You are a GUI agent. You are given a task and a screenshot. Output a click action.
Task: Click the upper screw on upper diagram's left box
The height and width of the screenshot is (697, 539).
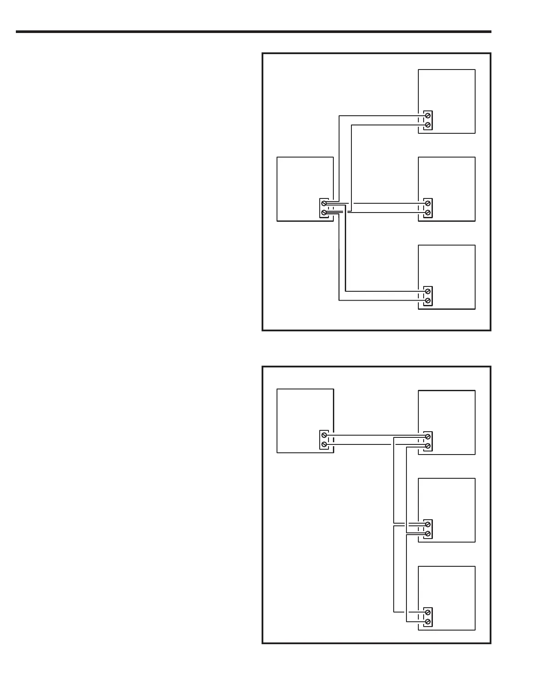(x=324, y=204)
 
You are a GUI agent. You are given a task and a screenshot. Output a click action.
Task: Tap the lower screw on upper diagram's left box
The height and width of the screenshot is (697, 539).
(x=324, y=213)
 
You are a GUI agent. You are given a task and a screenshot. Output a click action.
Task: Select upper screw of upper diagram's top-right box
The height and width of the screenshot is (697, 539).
(x=427, y=116)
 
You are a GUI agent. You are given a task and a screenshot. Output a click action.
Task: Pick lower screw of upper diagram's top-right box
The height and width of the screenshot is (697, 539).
(x=427, y=125)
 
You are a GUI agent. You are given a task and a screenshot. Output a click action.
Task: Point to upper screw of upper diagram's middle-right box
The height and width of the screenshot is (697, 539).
(x=427, y=204)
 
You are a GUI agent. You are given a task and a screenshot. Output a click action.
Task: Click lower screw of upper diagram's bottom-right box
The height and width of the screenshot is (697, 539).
(x=427, y=301)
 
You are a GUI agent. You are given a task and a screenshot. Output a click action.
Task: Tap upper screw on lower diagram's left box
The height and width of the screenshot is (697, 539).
(x=324, y=435)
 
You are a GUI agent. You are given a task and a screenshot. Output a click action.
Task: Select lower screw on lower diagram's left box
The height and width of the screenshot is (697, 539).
(x=324, y=444)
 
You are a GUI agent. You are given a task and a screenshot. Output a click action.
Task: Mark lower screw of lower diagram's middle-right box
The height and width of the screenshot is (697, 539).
(x=427, y=534)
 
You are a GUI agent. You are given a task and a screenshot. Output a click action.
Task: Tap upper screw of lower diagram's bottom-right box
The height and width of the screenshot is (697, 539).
(x=427, y=613)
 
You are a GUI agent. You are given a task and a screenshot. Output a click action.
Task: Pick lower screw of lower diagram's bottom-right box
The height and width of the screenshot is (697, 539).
(x=427, y=622)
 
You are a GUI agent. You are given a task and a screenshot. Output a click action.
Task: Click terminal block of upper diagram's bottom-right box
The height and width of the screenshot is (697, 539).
(x=428, y=296)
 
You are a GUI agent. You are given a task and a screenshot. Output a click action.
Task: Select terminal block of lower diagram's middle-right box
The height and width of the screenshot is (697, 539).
(x=428, y=529)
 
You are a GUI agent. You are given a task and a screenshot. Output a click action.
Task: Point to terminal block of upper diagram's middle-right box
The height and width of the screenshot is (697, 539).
(x=428, y=208)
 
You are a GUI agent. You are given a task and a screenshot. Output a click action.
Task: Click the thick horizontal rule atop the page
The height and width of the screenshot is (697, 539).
(x=253, y=32)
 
